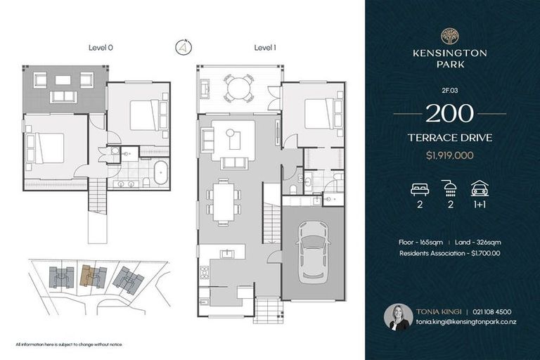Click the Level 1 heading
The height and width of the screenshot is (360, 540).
point(266,48)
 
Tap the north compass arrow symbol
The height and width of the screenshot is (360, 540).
point(182,49)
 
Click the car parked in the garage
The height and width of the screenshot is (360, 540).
point(314,253)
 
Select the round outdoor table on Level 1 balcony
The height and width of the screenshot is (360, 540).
point(239,89)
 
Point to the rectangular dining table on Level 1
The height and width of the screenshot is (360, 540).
point(223,202)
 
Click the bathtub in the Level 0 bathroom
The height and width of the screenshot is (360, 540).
point(160,172)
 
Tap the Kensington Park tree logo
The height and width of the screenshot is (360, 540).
point(449,36)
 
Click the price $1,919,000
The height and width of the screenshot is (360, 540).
point(449,153)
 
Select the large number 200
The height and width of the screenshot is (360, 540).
point(449,113)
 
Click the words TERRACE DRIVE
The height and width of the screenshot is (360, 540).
point(449,138)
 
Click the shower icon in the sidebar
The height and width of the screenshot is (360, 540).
point(449,188)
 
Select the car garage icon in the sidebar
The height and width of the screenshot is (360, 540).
point(480,188)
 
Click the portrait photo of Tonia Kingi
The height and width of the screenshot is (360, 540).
point(398,316)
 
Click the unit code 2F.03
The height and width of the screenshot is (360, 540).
point(449,90)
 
